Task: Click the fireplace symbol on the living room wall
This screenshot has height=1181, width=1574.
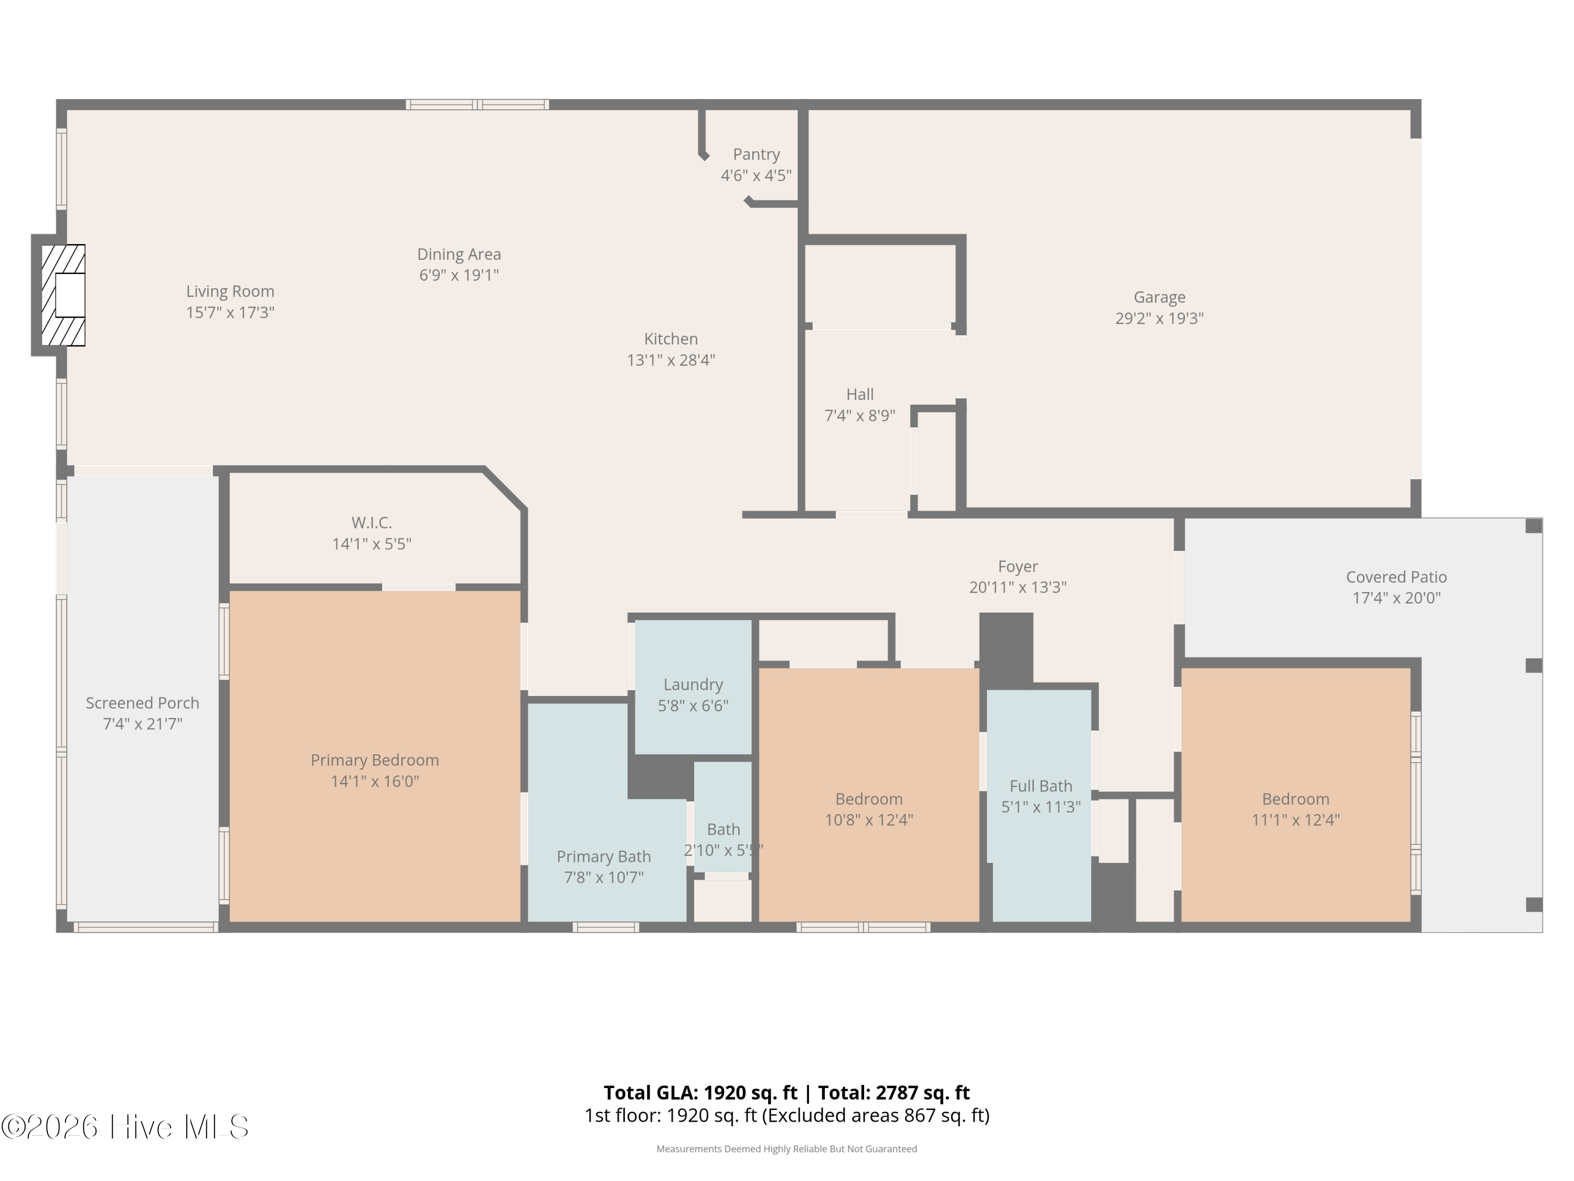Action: pos(63,296)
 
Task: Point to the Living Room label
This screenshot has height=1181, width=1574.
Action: pos(230,291)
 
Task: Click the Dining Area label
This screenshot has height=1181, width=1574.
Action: pos(459,254)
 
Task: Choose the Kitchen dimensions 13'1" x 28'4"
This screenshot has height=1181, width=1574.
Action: pos(671,360)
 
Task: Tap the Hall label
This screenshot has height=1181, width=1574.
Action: pos(859,394)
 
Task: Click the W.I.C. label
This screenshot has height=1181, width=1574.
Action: pos(371,523)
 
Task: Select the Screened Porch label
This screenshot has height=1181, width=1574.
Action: pos(142,703)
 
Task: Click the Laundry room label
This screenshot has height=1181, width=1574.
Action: pos(693,685)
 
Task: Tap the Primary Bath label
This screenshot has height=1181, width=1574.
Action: pos(603,857)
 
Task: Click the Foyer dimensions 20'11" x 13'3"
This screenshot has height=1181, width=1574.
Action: pos(1017,587)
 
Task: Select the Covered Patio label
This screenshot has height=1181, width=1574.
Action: pos(1396,577)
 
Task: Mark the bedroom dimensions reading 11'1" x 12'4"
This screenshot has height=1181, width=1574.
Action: pos(1295,820)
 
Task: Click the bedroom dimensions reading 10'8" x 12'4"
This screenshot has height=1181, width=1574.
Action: pos(868,820)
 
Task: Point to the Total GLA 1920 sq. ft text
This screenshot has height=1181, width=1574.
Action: pos(700,1093)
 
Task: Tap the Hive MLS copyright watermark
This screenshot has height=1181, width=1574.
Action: pos(125,1127)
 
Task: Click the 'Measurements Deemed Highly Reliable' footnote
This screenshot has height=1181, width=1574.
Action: pos(786,1149)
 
